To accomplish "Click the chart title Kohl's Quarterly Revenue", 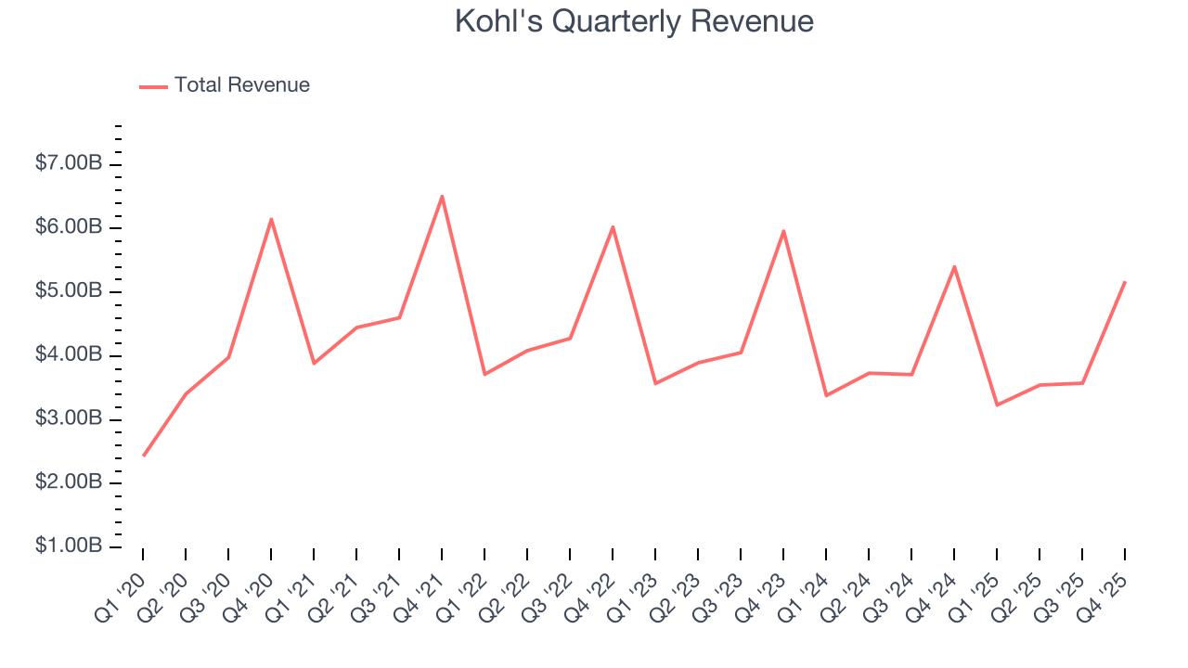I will [x=634, y=21].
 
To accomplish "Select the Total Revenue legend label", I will [x=241, y=85].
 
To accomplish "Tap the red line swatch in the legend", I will [x=153, y=86].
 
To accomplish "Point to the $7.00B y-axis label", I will [x=69, y=164].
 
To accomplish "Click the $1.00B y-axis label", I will [x=69, y=546].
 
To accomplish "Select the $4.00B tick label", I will [x=69, y=355].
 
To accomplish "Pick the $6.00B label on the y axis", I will [x=69, y=228].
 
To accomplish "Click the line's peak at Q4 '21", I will [x=442, y=196].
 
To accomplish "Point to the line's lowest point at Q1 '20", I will [x=143, y=456].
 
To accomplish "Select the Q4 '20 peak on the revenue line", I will [x=271, y=219].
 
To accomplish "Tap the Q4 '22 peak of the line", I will [x=613, y=226].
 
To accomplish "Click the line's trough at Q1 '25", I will [x=997, y=405].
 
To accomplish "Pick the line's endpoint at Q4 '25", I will [x=1125, y=282].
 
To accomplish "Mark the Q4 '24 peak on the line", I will [x=954, y=266].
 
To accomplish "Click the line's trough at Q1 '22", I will [x=484, y=374].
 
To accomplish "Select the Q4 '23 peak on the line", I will [x=783, y=230].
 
